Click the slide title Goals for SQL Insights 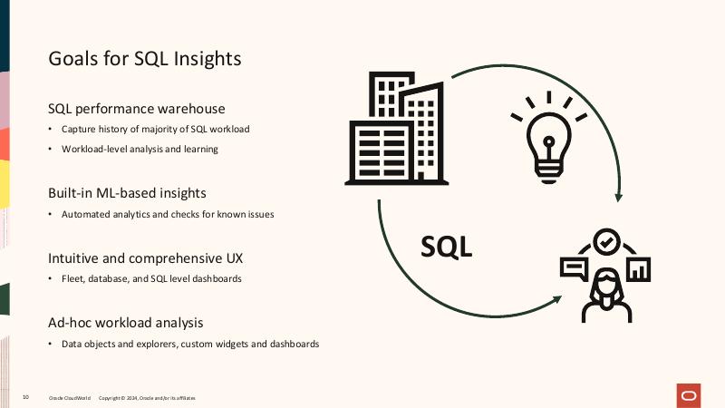(x=144, y=60)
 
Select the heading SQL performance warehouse (x=136, y=109)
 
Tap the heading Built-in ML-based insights (x=127, y=192)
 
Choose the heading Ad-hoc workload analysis (x=125, y=322)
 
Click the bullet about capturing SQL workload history (x=155, y=129)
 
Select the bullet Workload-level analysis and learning (x=140, y=149)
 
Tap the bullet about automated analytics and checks (x=168, y=214)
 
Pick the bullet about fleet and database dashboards (x=151, y=279)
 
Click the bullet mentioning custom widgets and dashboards (x=190, y=345)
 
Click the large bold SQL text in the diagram (x=447, y=246)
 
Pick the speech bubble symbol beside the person (x=574, y=268)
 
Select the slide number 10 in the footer (x=25, y=398)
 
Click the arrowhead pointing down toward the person (x=619, y=195)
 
